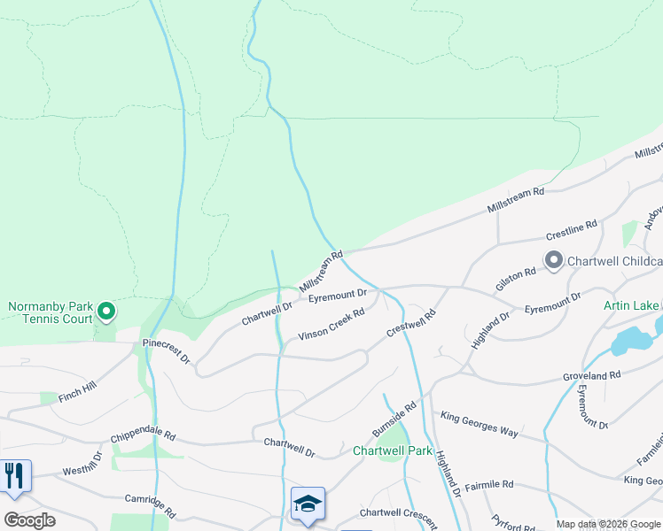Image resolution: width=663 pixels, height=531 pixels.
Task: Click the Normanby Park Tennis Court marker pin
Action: tap(106, 311)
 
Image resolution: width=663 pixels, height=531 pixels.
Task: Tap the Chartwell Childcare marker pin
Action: tap(555, 260)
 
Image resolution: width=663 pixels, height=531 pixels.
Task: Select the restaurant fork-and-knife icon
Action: tap(14, 475)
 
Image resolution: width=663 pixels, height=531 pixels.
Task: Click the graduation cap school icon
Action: tap(308, 504)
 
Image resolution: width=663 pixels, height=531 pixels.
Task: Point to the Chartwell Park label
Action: tap(392, 450)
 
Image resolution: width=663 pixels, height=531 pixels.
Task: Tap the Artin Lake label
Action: tap(630, 306)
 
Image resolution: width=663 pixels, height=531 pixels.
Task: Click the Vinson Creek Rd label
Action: tap(331, 324)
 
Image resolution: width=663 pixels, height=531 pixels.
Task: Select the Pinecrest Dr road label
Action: tap(166, 350)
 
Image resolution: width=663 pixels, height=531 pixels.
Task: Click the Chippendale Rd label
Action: tap(144, 438)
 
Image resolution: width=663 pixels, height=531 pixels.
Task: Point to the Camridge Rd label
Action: tap(150, 505)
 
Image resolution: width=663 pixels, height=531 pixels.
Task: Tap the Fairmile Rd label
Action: tap(488, 485)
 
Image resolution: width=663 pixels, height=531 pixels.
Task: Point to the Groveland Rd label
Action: tap(589, 375)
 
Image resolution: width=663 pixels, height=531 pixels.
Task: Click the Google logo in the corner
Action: tap(29, 519)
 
